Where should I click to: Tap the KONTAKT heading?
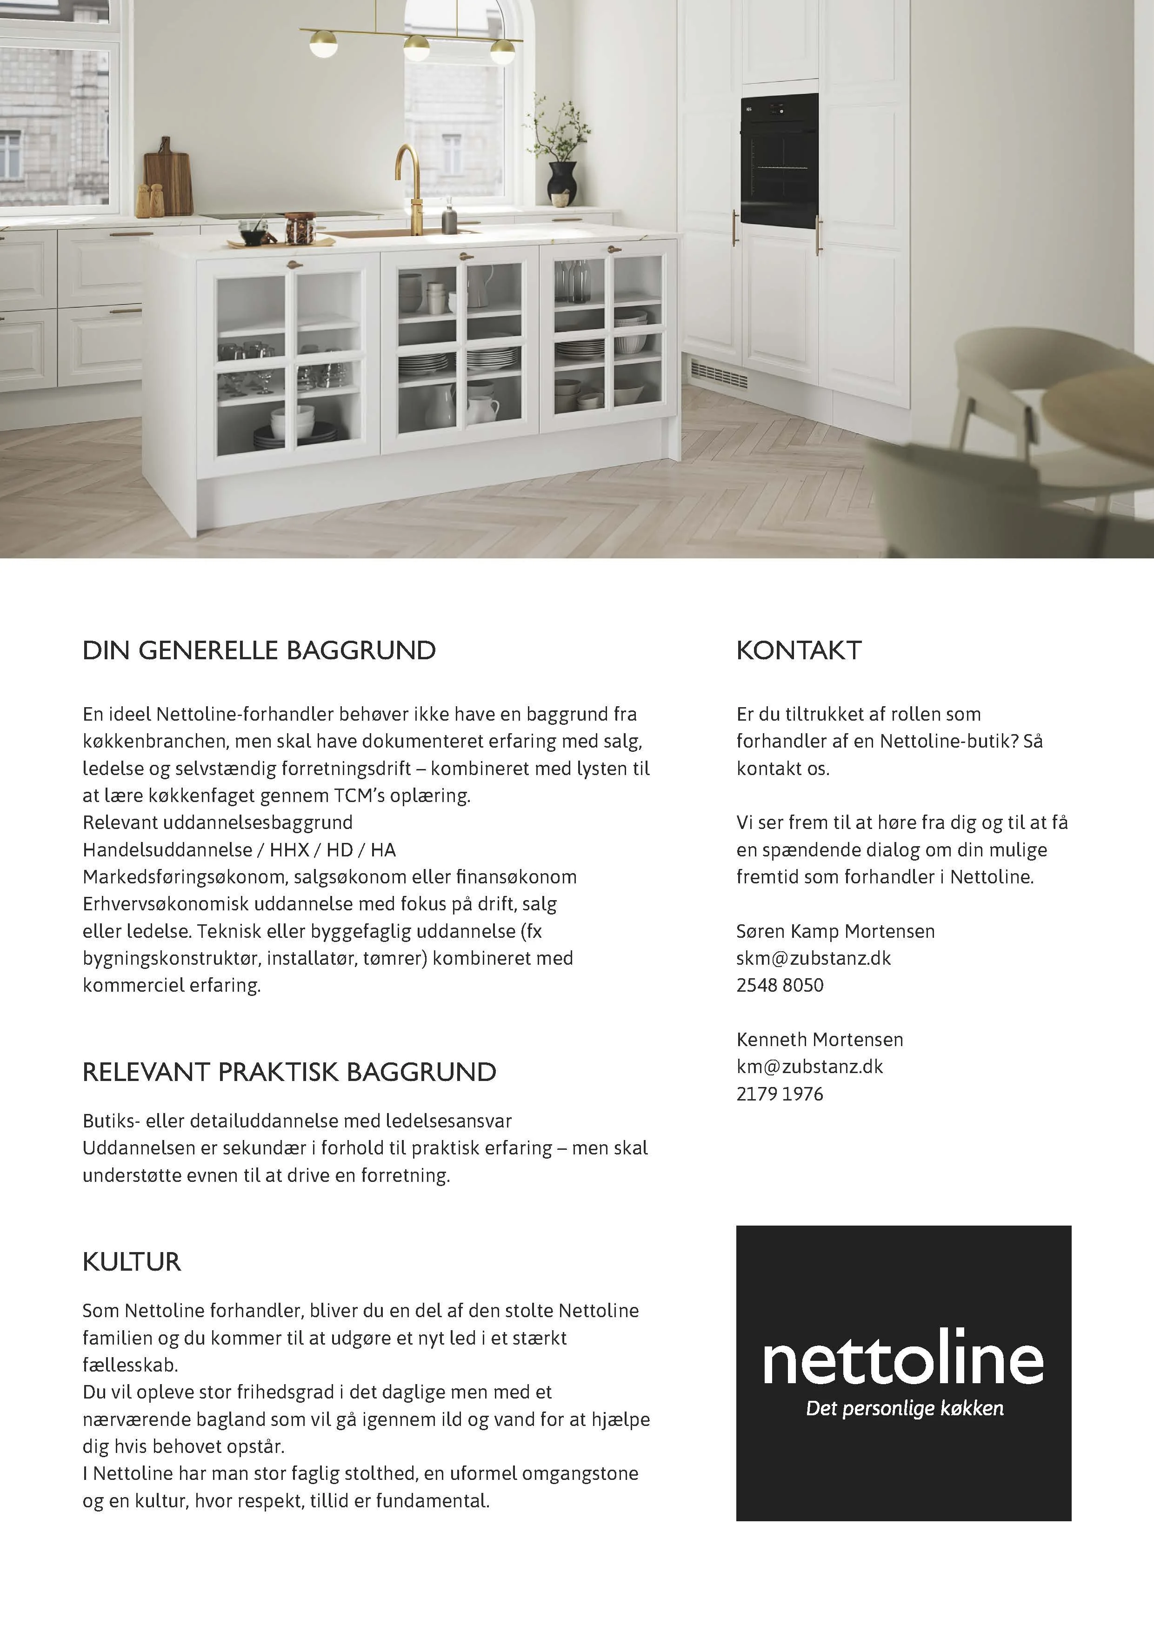799,651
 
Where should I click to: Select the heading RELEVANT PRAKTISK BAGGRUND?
289,1072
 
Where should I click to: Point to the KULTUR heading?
132,1262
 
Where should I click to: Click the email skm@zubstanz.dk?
813,958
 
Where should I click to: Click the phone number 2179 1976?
780,1094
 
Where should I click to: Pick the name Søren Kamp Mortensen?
835,931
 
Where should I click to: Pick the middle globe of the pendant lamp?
416,48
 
